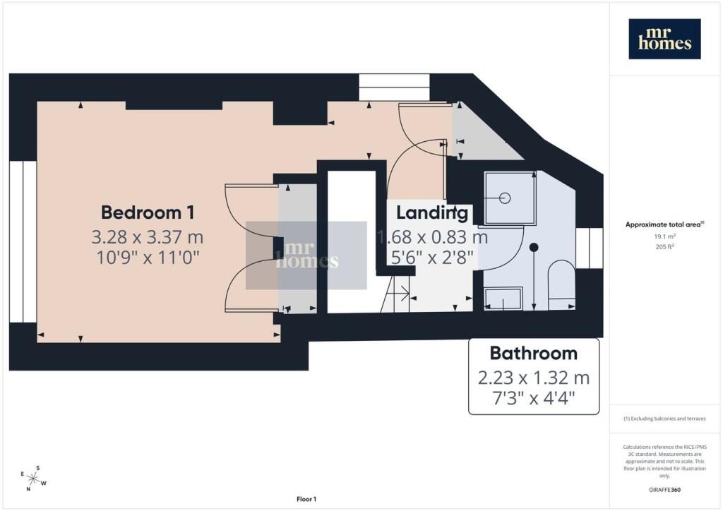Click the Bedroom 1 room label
(148, 212)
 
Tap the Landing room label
(432, 212)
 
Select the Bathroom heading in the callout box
(534, 353)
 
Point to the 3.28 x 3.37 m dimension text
(147, 237)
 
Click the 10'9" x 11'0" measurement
(148, 257)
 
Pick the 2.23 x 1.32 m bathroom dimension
(534, 378)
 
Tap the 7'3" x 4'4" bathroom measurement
(534, 397)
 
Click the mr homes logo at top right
(664, 39)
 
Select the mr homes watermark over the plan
(306, 255)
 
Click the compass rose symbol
(33, 479)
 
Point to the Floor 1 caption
(306, 499)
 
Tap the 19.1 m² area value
(664, 236)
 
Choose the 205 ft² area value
(664, 246)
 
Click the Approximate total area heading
(664, 225)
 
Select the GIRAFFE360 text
(664, 489)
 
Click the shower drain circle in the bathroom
(506, 198)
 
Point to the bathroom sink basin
(503, 298)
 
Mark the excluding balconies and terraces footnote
(664, 419)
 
